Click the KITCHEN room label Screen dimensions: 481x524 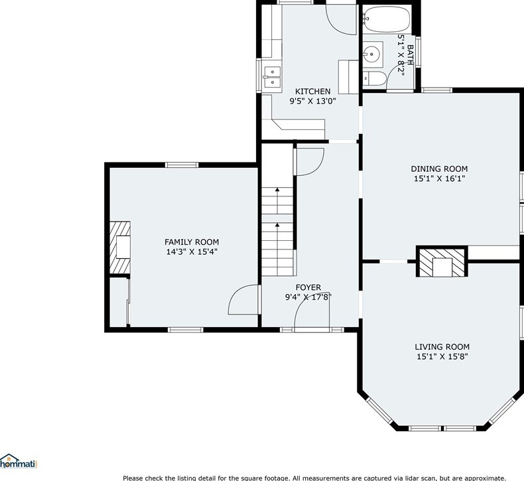point(312,92)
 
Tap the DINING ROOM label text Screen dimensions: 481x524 point(439,169)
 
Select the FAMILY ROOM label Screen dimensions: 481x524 point(192,242)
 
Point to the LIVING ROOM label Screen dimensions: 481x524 point(442,346)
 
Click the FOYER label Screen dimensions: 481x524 point(308,287)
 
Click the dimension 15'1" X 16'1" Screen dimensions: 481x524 point(439,178)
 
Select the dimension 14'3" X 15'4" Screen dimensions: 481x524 point(192,252)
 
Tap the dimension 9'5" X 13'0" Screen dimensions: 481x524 point(312,102)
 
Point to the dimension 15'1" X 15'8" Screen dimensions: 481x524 point(442,357)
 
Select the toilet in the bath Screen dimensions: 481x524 point(375,79)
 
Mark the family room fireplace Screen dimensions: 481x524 point(120,246)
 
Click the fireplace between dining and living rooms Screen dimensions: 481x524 point(442,262)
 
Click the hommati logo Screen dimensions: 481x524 point(19,462)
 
